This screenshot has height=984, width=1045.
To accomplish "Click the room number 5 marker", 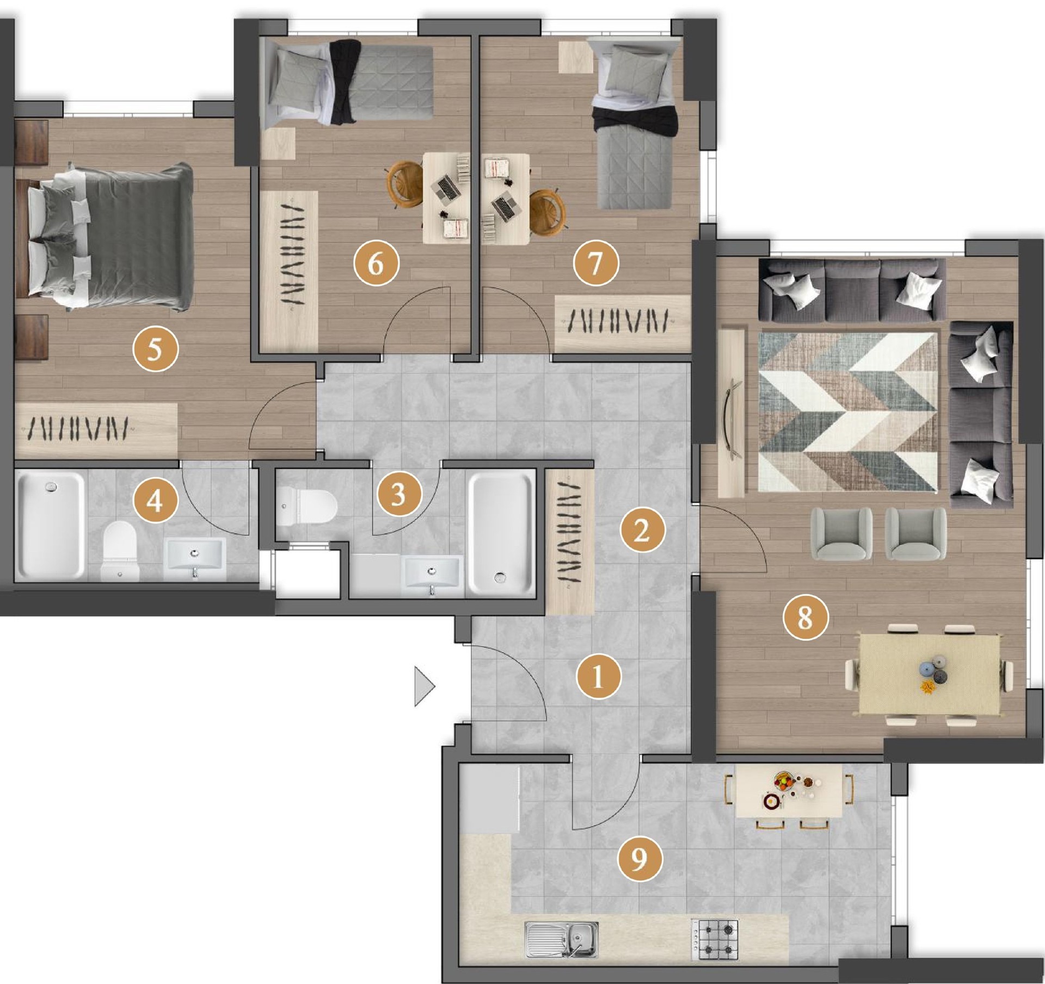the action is (155, 348).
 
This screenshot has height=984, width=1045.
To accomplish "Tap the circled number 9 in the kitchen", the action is (640, 858).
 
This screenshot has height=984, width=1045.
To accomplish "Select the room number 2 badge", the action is (642, 530).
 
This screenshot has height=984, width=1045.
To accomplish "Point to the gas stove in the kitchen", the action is (715, 939).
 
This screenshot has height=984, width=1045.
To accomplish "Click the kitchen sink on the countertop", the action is (561, 939).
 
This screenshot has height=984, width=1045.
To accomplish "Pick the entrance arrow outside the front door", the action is (425, 686).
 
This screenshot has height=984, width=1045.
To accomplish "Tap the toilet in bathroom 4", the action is (120, 550).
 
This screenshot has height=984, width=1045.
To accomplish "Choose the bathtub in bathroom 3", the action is (501, 534).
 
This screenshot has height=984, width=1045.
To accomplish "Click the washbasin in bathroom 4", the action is (195, 559).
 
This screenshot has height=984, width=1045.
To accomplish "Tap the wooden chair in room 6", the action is (404, 183).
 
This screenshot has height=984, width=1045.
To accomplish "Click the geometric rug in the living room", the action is (848, 412).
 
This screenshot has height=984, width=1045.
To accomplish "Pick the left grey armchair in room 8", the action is (841, 533).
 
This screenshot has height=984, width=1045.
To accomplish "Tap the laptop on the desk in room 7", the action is (504, 207).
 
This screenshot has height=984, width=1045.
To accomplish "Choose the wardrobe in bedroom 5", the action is (96, 430).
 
